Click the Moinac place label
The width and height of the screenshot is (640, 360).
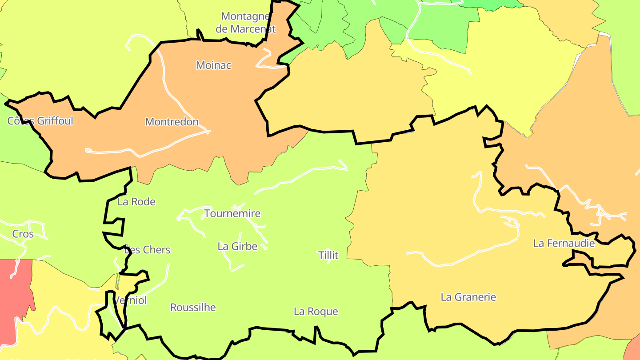pyautogui.click(x=214, y=65)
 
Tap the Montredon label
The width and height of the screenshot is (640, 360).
pyautogui.click(x=172, y=122)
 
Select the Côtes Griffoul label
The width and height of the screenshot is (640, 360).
pyautogui.click(x=40, y=121)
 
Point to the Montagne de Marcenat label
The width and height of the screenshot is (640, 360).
pyautogui.click(x=246, y=23)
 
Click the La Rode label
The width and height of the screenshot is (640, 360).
pyautogui.click(x=136, y=202)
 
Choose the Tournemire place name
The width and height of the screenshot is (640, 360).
pyautogui.click(x=232, y=214)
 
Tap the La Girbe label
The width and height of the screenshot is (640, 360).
pyautogui.click(x=237, y=246)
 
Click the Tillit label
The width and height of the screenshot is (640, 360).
pyautogui.click(x=328, y=256)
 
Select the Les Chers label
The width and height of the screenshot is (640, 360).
pyautogui.click(x=148, y=250)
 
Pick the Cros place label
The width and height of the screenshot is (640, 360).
pyautogui.click(x=23, y=234)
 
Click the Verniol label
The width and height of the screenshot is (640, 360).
pyautogui.click(x=131, y=301)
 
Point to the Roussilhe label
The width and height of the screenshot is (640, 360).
pyautogui.click(x=193, y=308)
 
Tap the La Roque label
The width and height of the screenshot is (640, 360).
pyautogui.click(x=316, y=312)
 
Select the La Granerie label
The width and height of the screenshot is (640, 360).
pyautogui.click(x=468, y=297)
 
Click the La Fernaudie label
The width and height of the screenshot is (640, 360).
pyautogui.click(x=564, y=244)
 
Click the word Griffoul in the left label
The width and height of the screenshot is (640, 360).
pyautogui.click(x=55, y=121)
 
